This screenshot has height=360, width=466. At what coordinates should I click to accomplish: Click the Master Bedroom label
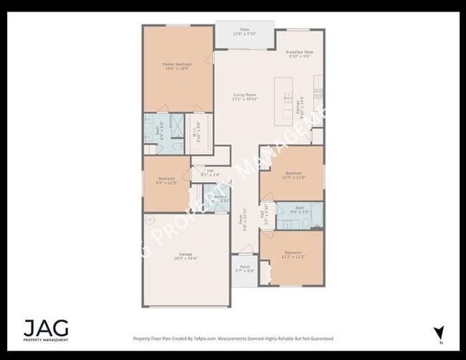pyautogui.click(x=177, y=66)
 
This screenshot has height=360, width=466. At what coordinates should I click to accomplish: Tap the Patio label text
pyautogui.click(x=244, y=32)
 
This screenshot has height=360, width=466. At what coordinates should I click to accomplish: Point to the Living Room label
pyautogui.click(x=244, y=97)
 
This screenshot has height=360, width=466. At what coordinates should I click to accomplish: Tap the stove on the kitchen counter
pyautogui.click(x=318, y=93)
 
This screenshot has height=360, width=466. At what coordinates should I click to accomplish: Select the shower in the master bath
pyautogui.click(x=176, y=121)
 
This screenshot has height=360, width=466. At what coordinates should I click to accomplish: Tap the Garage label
pyautogui.click(x=185, y=257)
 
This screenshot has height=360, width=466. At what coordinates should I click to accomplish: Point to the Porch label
pyautogui.click(x=245, y=269)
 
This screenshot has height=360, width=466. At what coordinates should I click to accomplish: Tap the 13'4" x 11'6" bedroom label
pyautogui.click(x=294, y=175)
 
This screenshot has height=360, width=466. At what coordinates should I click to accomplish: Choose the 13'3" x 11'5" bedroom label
pyautogui.click(x=293, y=255)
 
